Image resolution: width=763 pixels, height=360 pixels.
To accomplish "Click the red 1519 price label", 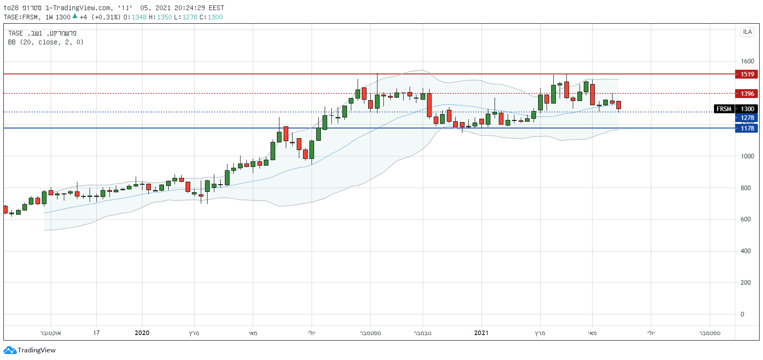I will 747,74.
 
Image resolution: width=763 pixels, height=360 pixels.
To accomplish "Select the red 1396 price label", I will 747,94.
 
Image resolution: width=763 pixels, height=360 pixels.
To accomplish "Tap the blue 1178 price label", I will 747,128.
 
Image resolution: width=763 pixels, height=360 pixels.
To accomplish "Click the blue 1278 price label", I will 747,118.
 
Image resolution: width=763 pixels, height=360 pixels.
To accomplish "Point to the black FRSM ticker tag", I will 724,109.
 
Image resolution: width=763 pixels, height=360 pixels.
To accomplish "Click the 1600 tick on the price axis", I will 747,61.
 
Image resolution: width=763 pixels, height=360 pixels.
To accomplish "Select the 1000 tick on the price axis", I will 747,156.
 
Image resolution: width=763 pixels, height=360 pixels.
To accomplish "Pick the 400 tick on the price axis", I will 746,251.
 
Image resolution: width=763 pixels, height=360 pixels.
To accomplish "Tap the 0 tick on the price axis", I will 742,314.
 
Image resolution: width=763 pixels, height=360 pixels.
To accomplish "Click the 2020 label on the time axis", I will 142,333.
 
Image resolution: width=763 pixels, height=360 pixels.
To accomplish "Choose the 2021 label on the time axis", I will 481,333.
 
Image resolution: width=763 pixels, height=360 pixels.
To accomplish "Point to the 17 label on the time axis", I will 96,333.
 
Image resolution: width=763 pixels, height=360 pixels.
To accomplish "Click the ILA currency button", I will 747,32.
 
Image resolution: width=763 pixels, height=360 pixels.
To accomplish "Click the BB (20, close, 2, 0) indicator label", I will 46,42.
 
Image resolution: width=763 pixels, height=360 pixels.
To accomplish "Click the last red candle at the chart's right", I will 619,105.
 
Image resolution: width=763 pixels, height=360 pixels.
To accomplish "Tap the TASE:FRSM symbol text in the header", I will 21,17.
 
